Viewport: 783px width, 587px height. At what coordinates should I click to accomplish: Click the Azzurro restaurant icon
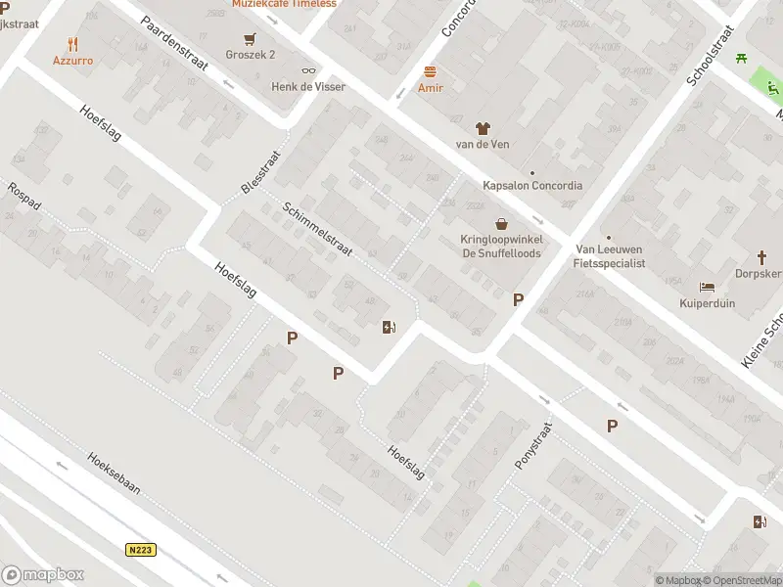pyautogui.click(x=72, y=44)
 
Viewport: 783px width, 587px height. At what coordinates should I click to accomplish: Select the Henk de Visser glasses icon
pyautogui.click(x=309, y=69)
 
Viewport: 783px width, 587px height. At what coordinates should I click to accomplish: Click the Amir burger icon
pyautogui.click(x=431, y=71)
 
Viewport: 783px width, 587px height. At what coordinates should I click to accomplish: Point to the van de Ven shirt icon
pyautogui.click(x=482, y=127)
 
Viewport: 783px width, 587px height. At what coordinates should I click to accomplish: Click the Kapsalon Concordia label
pyautogui.click(x=532, y=185)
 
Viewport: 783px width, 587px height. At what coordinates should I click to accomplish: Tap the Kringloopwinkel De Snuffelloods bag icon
pyautogui.click(x=501, y=224)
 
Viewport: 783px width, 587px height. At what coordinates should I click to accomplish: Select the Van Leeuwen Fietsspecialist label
pyautogui.click(x=610, y=256)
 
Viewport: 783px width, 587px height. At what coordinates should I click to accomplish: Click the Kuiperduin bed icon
pyautogui.click(x=707, y=287)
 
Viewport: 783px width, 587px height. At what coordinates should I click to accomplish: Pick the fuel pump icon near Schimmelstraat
pyautogui.click(x=390, y=327)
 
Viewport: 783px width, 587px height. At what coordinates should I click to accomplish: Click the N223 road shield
pyautogui.click(x=141, y=550)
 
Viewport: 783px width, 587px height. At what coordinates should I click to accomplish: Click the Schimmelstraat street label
pyautogui.click(x=317, y=230)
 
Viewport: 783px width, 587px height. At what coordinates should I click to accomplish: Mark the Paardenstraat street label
pyautogui.click(x=174, y=43)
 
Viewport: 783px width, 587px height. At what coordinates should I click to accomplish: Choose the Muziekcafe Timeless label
pyautogui.click(x=284, y=4)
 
